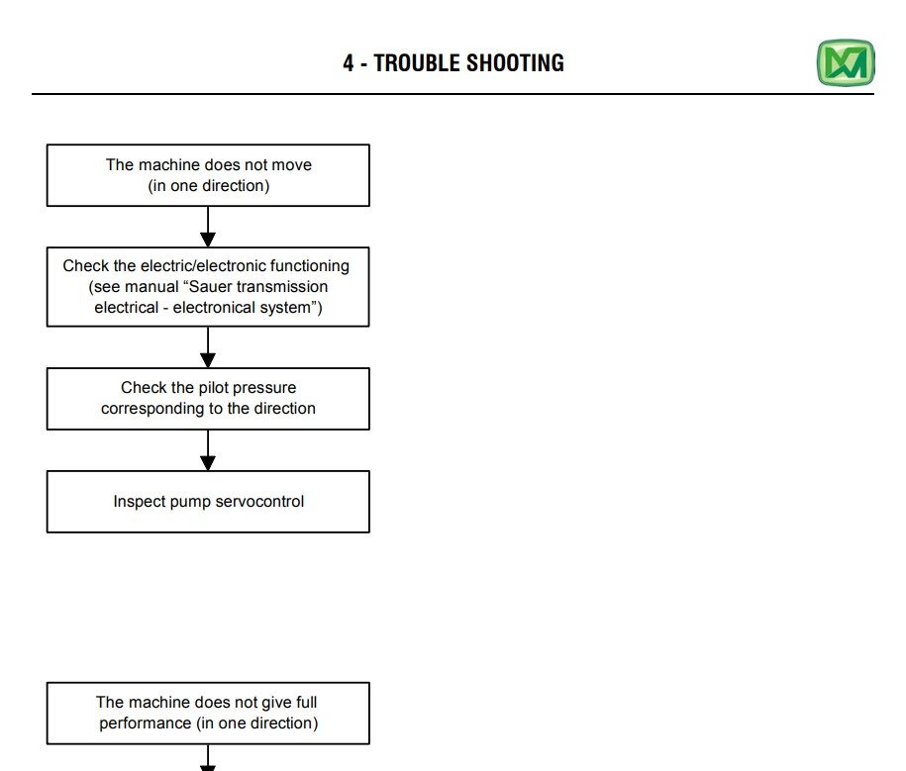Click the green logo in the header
846,63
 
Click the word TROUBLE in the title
416,63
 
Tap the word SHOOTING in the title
516,63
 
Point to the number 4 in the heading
349,63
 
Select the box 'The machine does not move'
208,175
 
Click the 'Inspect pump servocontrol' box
208,502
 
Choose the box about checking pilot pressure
208,399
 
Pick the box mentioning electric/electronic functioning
208,287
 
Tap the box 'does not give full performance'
208,714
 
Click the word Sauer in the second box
210,286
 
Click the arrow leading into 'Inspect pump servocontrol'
208,450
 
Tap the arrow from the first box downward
208,227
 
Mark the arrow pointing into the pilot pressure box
208,347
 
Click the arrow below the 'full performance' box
208,757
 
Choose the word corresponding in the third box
152,409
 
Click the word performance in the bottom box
145,723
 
